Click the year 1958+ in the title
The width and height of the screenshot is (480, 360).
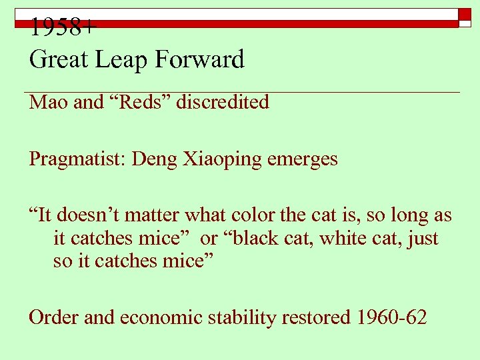click(x=63, y=28)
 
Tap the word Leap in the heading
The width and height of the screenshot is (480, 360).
click(x=123, y=60)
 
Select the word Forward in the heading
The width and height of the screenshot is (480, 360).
click(x=199, y=60)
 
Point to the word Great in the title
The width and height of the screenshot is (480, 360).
click(x=58, y=60)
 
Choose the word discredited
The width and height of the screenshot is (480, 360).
click(x=223, y=102)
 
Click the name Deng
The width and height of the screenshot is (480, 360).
click(x=155, y=160)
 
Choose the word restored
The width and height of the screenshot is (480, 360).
click(x=316, y=317)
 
